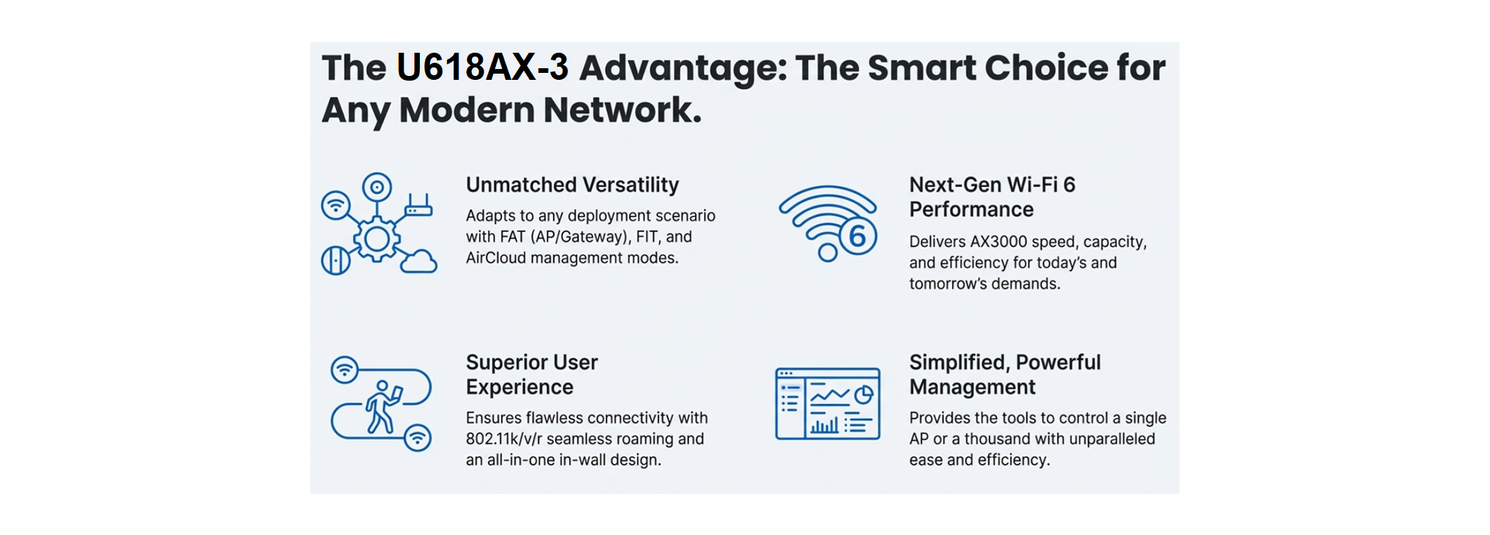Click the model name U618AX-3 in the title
(483, 67)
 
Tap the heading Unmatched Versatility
(572, 185)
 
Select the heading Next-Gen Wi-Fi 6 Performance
(992, 197)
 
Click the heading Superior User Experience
(532, 374)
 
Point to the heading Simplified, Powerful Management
(1005, 374)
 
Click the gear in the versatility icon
(377, 238)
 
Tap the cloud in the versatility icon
(418, 261)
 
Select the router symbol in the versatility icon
(418, 205)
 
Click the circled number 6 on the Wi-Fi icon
(857, 236)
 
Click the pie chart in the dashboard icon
(864, 395)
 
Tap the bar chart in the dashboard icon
(824, 425)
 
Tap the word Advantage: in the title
(683, 68)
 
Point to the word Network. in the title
(622, 110)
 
